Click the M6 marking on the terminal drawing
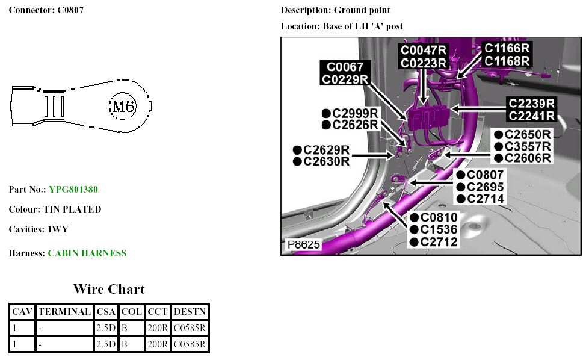(x=123, y=107)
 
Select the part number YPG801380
(x=73, y=190)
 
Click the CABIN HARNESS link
(x=87, y=253)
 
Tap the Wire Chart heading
(x=109, y=289)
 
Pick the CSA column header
(x=106, y=312)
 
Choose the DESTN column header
(x=190, y=312)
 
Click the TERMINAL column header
(x=64, y=312)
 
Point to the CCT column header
(x=158, y=312)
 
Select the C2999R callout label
(x=355, y=113)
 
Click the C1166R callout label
(x=507, y=48)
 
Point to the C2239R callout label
(x=531, y=103)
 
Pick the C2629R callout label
(x=325, y=149)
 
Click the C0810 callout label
(x=439, y=217)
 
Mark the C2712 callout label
(x=439, y=242)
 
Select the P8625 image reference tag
(x=304, y=245)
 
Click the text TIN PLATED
(x=72, y=209)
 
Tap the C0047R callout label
(x=424, y=51)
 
